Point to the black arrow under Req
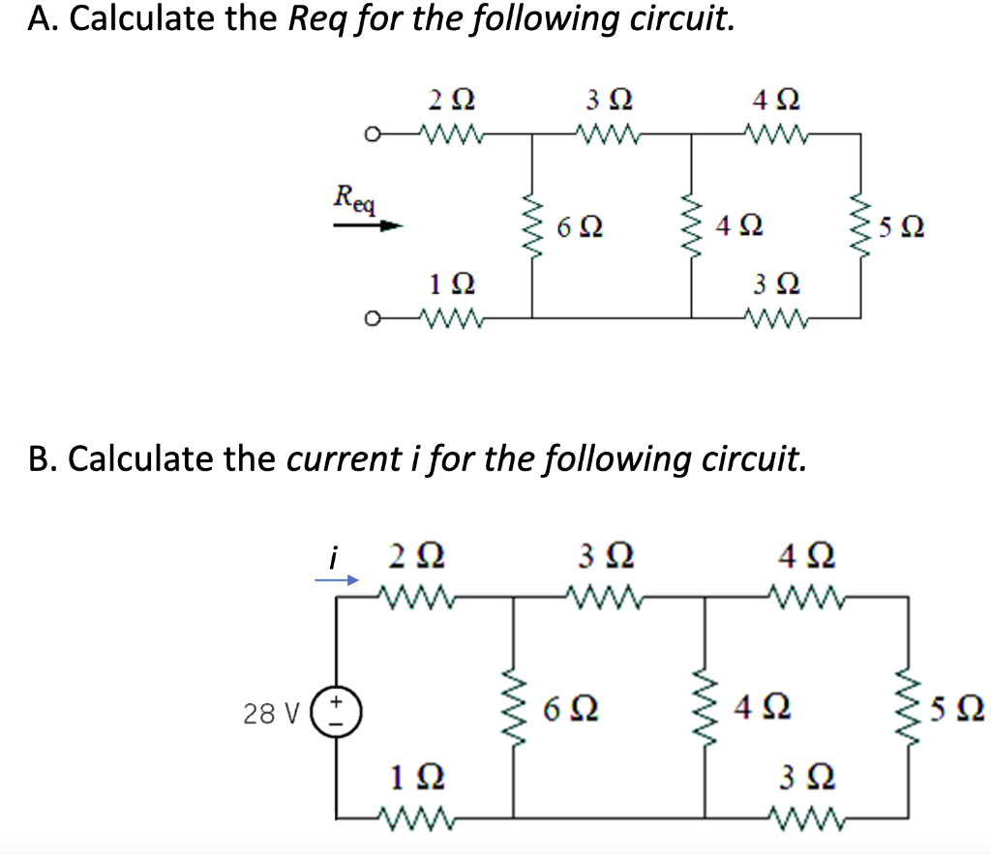click(x=368, y=227)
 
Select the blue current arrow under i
click(x=339, y=580)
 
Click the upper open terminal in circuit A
click(x=369, y=135)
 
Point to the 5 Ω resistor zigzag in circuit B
click(x=908, y=711)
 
